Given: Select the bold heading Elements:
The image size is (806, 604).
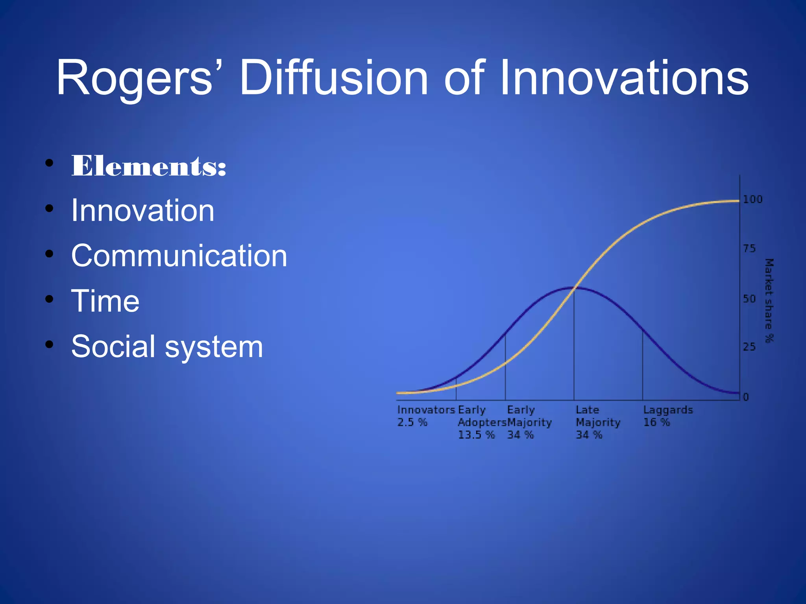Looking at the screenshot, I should coord(149,166).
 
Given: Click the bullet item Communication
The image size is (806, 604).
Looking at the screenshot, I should coord(179,256).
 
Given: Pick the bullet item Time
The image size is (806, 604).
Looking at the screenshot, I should coord(105,301).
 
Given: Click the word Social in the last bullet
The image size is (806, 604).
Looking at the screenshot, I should coord(113,346).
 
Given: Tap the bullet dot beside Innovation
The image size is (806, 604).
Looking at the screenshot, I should coord(49,208).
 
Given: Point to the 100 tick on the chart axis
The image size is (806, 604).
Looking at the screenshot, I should coord(752,199).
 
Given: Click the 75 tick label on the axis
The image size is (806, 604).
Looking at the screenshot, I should coord(749,249).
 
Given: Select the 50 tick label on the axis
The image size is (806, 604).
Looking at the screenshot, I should coord(749,299).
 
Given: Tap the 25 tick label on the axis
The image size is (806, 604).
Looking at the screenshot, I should coord(749,347).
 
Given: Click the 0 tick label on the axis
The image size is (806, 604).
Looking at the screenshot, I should coord(745,397).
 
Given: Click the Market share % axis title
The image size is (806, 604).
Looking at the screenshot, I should coord(769,300).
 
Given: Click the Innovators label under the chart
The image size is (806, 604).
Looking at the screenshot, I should coord(426,410).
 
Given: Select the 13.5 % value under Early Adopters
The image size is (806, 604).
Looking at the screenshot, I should coord(476,435).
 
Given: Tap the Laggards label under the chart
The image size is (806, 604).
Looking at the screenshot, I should coord(668,410).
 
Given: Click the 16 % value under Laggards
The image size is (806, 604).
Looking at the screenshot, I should coord(656,422).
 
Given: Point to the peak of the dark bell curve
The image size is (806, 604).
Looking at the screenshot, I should coord(574,288).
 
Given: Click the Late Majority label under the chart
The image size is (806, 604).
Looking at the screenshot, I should coord(597,416).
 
